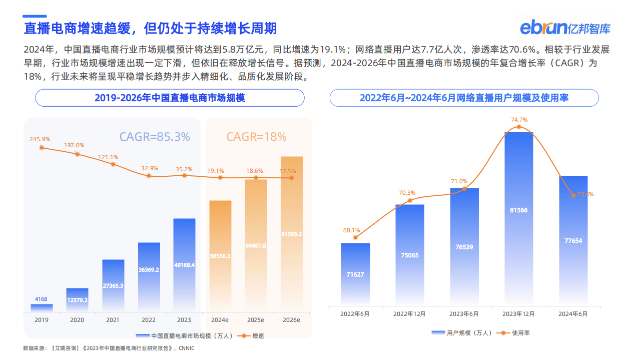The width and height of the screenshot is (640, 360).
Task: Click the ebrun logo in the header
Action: (565, 27)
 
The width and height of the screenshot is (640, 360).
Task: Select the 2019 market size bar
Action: (41, 307)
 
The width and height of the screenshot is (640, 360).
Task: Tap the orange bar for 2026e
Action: (291, 233)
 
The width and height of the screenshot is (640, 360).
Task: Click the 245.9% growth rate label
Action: (40, 139)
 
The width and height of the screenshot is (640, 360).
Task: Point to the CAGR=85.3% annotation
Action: (155, 137)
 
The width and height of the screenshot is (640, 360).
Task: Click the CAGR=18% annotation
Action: (256, 137)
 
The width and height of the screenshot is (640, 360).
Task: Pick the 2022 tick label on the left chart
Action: (149, 319)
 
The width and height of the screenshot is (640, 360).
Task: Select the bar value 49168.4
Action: (184, 265)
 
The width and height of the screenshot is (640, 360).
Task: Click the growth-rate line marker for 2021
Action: (113, 164)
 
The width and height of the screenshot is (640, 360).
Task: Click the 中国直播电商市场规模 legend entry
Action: (186, 335)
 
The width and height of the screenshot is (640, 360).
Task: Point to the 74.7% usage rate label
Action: (519, 120)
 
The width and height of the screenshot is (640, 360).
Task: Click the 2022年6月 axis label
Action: (355, 314)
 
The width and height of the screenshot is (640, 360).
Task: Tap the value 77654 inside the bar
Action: (573, 241)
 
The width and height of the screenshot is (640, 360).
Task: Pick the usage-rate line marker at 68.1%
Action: (356, 237)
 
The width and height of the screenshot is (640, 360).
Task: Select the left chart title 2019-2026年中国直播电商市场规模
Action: (170, 98)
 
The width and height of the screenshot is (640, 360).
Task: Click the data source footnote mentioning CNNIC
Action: (109, 348)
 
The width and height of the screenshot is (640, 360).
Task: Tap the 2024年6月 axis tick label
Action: (573, 314)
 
